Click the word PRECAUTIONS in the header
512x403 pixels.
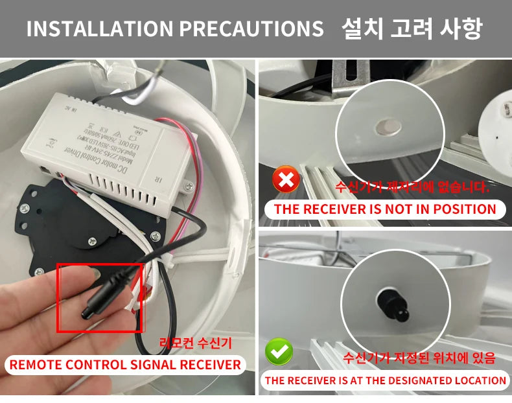click(x=250, y=29)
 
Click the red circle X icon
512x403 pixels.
click(x=285, y=179)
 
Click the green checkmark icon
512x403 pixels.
click(x=279, y=352)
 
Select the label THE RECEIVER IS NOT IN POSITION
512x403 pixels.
click(x=385, y=209)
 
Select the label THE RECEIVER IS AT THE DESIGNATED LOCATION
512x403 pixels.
click(x=385, y=380)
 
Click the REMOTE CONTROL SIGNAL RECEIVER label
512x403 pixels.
click(x=125, y=364)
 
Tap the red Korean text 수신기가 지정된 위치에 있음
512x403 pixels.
click(x=419, y=358)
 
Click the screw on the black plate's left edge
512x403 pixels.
click(x=24, y=209)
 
